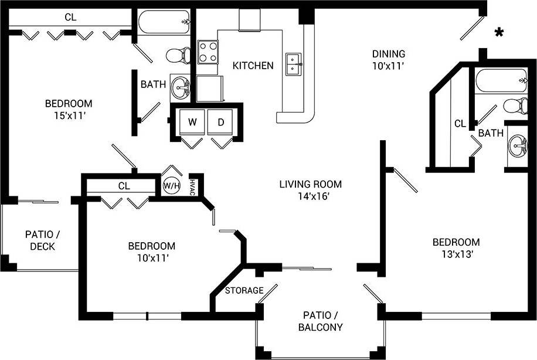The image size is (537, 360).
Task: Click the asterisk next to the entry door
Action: click(x=499, y=33)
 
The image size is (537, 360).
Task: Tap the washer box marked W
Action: click(x=192, y=123)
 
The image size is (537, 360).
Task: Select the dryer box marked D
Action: click(x=221, y=123)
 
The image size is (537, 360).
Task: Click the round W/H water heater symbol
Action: click(x=171, y=186)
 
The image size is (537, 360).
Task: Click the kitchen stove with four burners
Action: click(x=208, y=52)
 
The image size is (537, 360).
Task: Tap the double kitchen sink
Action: click(x=294, y=64)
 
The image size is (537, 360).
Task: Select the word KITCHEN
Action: click(x=253, y=66)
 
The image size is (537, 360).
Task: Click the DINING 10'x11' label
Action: click(x=389, y=60)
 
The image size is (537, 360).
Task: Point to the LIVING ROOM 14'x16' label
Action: click(x=310, y=190)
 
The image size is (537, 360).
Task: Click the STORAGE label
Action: click(x=244, y=290)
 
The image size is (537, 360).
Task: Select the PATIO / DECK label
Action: click(x=42, y=240)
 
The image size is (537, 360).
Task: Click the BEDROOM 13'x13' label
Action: click(x=456, y=248)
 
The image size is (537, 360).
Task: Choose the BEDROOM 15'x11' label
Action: click(x=69, y=110)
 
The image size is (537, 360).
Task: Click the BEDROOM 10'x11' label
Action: click(x=151, y=252)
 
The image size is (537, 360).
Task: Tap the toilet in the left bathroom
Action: click(x=178, y=56)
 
